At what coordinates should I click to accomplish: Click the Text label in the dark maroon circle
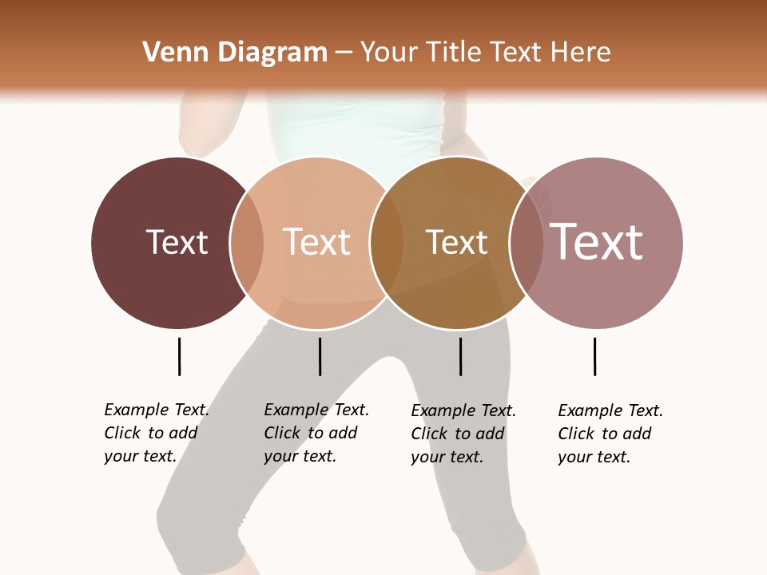pos(177,242)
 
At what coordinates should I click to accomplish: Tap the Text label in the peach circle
pos(316,242)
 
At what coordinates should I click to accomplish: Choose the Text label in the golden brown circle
pos(456,242)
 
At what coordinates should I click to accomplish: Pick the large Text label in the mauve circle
pos(597,242)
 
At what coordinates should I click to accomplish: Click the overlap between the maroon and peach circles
pos(247,243)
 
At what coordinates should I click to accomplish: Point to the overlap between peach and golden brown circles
pos(387,243)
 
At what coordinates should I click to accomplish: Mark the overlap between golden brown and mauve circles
pos(527,243)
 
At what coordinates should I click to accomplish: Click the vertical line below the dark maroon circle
pos(179,356)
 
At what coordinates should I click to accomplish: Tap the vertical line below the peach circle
pos(320,356)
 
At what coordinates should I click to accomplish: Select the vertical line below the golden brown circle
pos(460,356)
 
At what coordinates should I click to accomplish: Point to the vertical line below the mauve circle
pos(594,356)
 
